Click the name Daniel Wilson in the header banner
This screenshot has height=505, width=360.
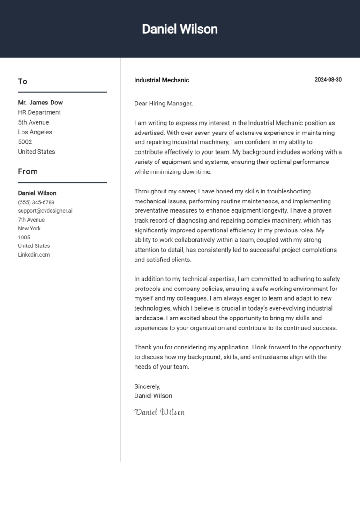180,29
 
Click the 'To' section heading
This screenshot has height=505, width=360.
22,82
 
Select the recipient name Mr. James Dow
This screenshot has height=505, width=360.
40,103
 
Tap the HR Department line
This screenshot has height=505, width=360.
39,112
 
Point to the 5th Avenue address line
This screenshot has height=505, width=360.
33,122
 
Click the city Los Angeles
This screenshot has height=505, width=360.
35,132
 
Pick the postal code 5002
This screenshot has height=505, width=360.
25,142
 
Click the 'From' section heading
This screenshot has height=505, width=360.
28,171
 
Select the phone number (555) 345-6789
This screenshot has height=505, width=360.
36,202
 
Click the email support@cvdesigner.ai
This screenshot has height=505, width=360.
45,211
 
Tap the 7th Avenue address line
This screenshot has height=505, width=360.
31,220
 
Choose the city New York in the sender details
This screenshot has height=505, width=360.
29,229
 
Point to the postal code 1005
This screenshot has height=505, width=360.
24,237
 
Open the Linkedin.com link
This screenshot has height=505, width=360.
34,255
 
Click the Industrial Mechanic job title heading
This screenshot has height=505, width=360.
162,80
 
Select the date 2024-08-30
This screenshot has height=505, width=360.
328,80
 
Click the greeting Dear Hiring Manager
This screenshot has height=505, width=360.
164,104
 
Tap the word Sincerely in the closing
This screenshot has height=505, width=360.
147,386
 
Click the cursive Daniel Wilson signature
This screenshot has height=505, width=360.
159,412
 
